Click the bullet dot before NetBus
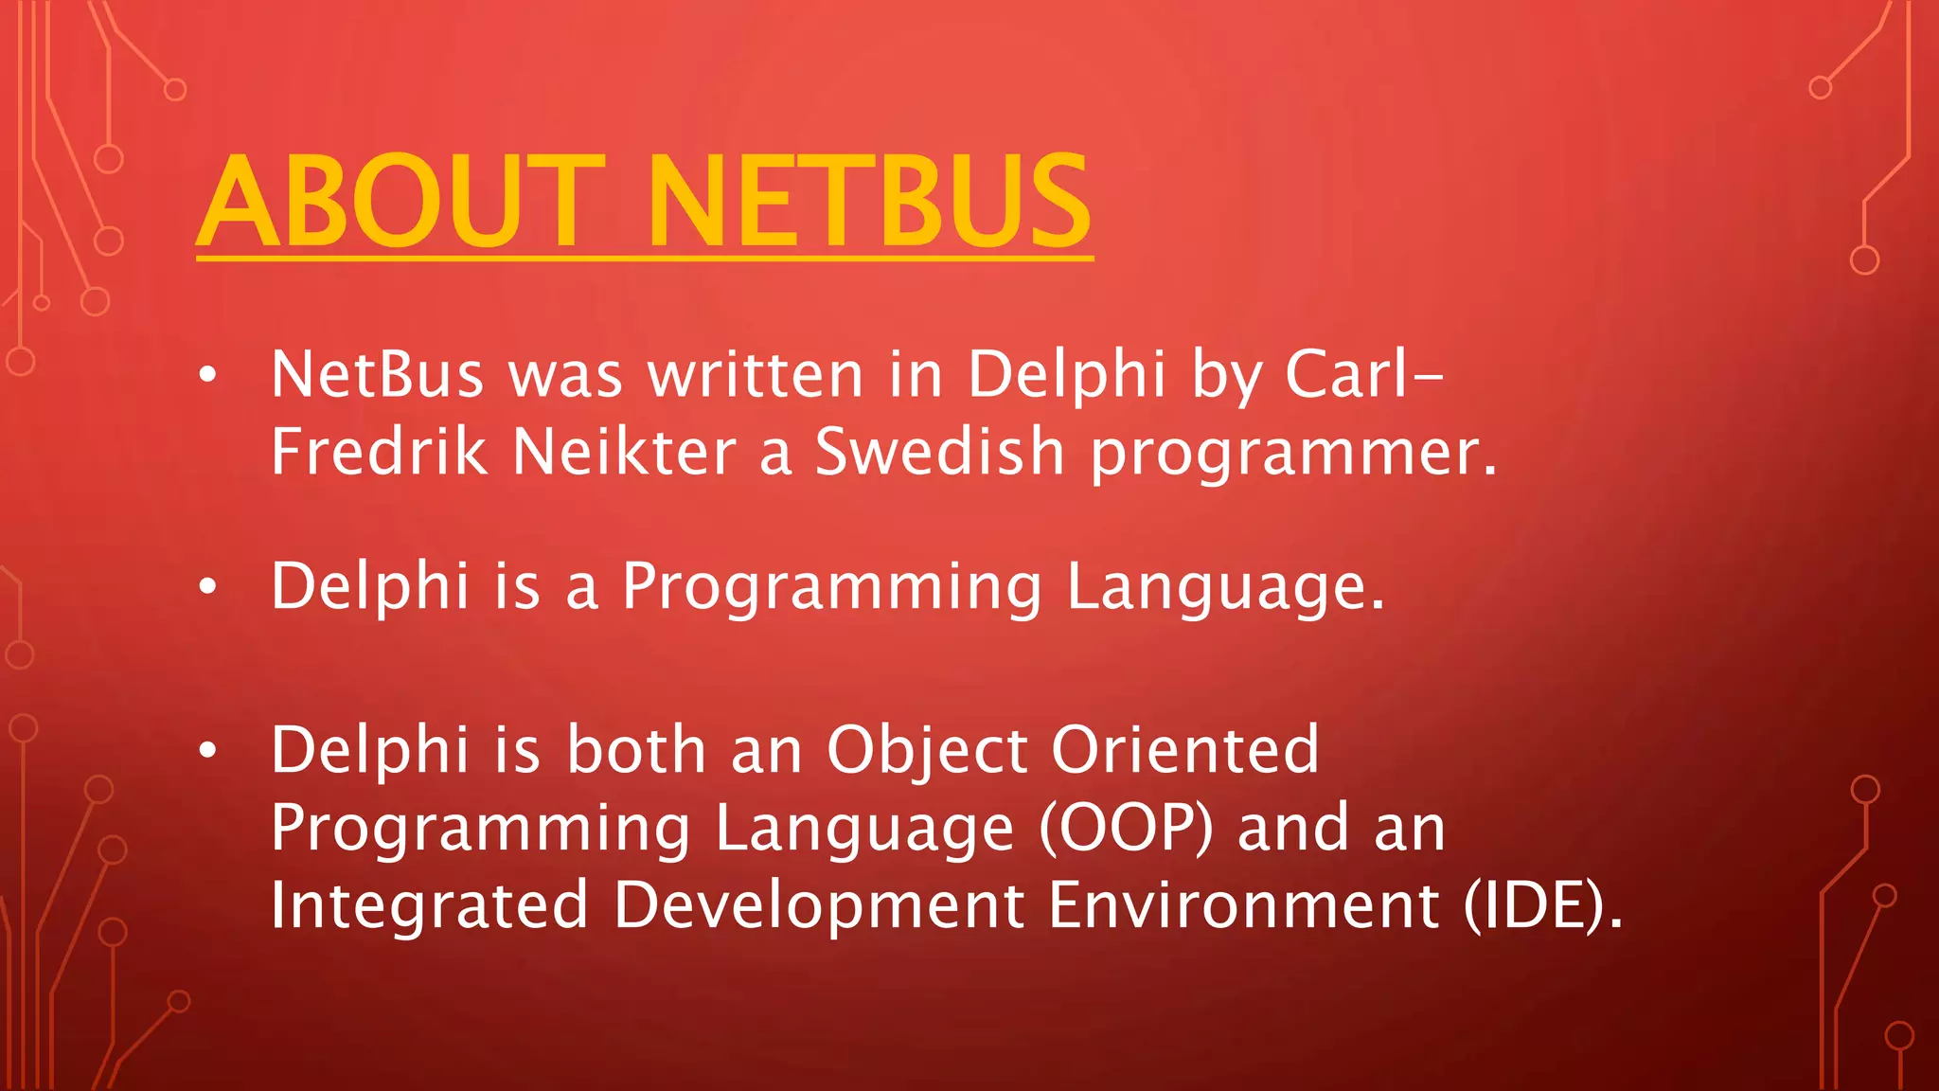click(208, 376)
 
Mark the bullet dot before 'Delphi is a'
click(208, 588)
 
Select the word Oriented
click(1184, 750)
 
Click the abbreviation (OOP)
click(1126, 829)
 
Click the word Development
click(819, 906)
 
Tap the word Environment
click(1244, 906)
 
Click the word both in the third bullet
click(636, 750)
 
